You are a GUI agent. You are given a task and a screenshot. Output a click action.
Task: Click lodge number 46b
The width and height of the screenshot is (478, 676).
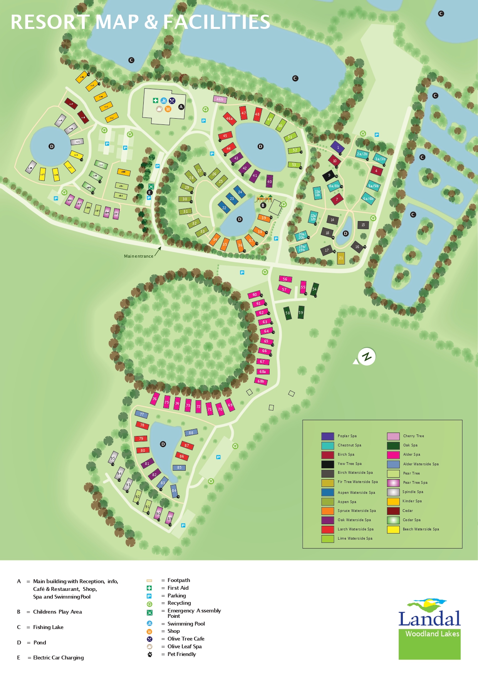point(220,99)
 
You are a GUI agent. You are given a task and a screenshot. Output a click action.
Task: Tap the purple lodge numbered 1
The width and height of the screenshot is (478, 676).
point(338,147)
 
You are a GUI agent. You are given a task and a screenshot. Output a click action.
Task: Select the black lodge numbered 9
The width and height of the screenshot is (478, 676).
point(329,175)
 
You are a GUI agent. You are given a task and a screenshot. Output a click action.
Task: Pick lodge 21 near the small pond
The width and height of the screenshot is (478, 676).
point(341,258)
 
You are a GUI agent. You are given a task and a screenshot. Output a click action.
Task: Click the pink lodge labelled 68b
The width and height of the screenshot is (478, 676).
point(261,381)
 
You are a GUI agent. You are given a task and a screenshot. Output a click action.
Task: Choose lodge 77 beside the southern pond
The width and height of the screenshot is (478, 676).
point(142,414)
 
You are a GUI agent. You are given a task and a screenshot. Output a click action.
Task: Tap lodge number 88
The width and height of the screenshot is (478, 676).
point(191,433)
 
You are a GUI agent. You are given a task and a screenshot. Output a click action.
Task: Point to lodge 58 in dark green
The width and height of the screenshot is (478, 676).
point(288,313)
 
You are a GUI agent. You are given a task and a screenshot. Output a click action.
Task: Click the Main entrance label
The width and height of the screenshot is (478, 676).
point(139,256)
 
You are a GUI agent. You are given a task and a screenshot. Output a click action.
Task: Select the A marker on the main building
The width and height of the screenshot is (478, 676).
point(181,107)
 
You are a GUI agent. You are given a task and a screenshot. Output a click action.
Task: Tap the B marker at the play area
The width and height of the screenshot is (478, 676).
point(263,205)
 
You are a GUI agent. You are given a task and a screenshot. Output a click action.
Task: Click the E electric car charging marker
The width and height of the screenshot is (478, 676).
point(150,192)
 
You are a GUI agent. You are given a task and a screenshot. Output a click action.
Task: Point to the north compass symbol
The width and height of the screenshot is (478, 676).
point(366,357)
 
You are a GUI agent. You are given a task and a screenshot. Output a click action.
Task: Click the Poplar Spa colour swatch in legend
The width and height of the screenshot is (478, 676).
point(327,436)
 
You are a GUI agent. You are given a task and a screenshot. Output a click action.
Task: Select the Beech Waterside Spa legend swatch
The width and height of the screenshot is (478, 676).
point(393,529)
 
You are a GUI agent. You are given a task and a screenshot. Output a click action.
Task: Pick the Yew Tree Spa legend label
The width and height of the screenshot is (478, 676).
point(349,464)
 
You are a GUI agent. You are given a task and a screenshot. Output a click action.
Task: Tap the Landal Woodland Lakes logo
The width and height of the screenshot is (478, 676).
point(429,628)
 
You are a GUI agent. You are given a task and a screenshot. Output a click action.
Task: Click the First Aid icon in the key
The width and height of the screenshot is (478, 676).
point(149,588)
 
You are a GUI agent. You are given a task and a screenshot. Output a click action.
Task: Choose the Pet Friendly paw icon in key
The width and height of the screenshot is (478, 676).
point(150,654)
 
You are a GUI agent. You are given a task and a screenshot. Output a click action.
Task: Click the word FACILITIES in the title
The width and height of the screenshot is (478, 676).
point(216,22)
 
